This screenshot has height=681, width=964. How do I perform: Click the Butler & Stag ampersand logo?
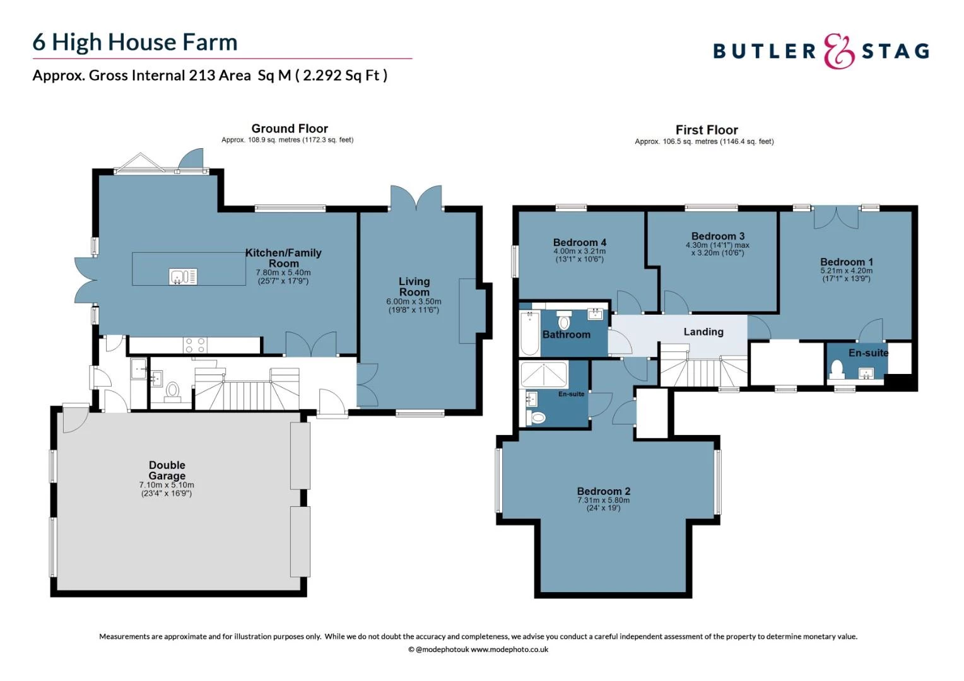(838, 51)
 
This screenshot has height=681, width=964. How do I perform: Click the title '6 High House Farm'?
(135, 42)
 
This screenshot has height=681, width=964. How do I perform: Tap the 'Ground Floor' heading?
(290, 129)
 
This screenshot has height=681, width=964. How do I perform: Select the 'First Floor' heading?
(707, 130)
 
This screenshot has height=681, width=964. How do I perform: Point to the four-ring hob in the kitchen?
(194, 345)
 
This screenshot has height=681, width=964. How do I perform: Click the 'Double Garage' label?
(167, 470)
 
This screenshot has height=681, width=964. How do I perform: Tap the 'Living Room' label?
(414, 287)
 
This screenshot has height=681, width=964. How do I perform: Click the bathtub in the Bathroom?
(529, 333)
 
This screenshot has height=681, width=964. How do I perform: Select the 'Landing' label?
(703, 332)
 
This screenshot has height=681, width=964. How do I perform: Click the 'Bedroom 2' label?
(604, 491)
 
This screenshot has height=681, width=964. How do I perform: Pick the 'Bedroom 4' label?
(579, 242)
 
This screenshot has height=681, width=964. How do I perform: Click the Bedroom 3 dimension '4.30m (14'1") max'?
(717, 245)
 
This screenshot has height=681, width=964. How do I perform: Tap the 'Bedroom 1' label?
(847, 262)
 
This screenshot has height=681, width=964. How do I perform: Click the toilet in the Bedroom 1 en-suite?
(838, 368)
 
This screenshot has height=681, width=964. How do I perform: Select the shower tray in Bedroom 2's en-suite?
(543, 375)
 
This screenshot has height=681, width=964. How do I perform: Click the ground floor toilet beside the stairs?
(172, 392)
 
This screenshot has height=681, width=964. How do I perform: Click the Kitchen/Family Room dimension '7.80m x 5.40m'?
(283, 272)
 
